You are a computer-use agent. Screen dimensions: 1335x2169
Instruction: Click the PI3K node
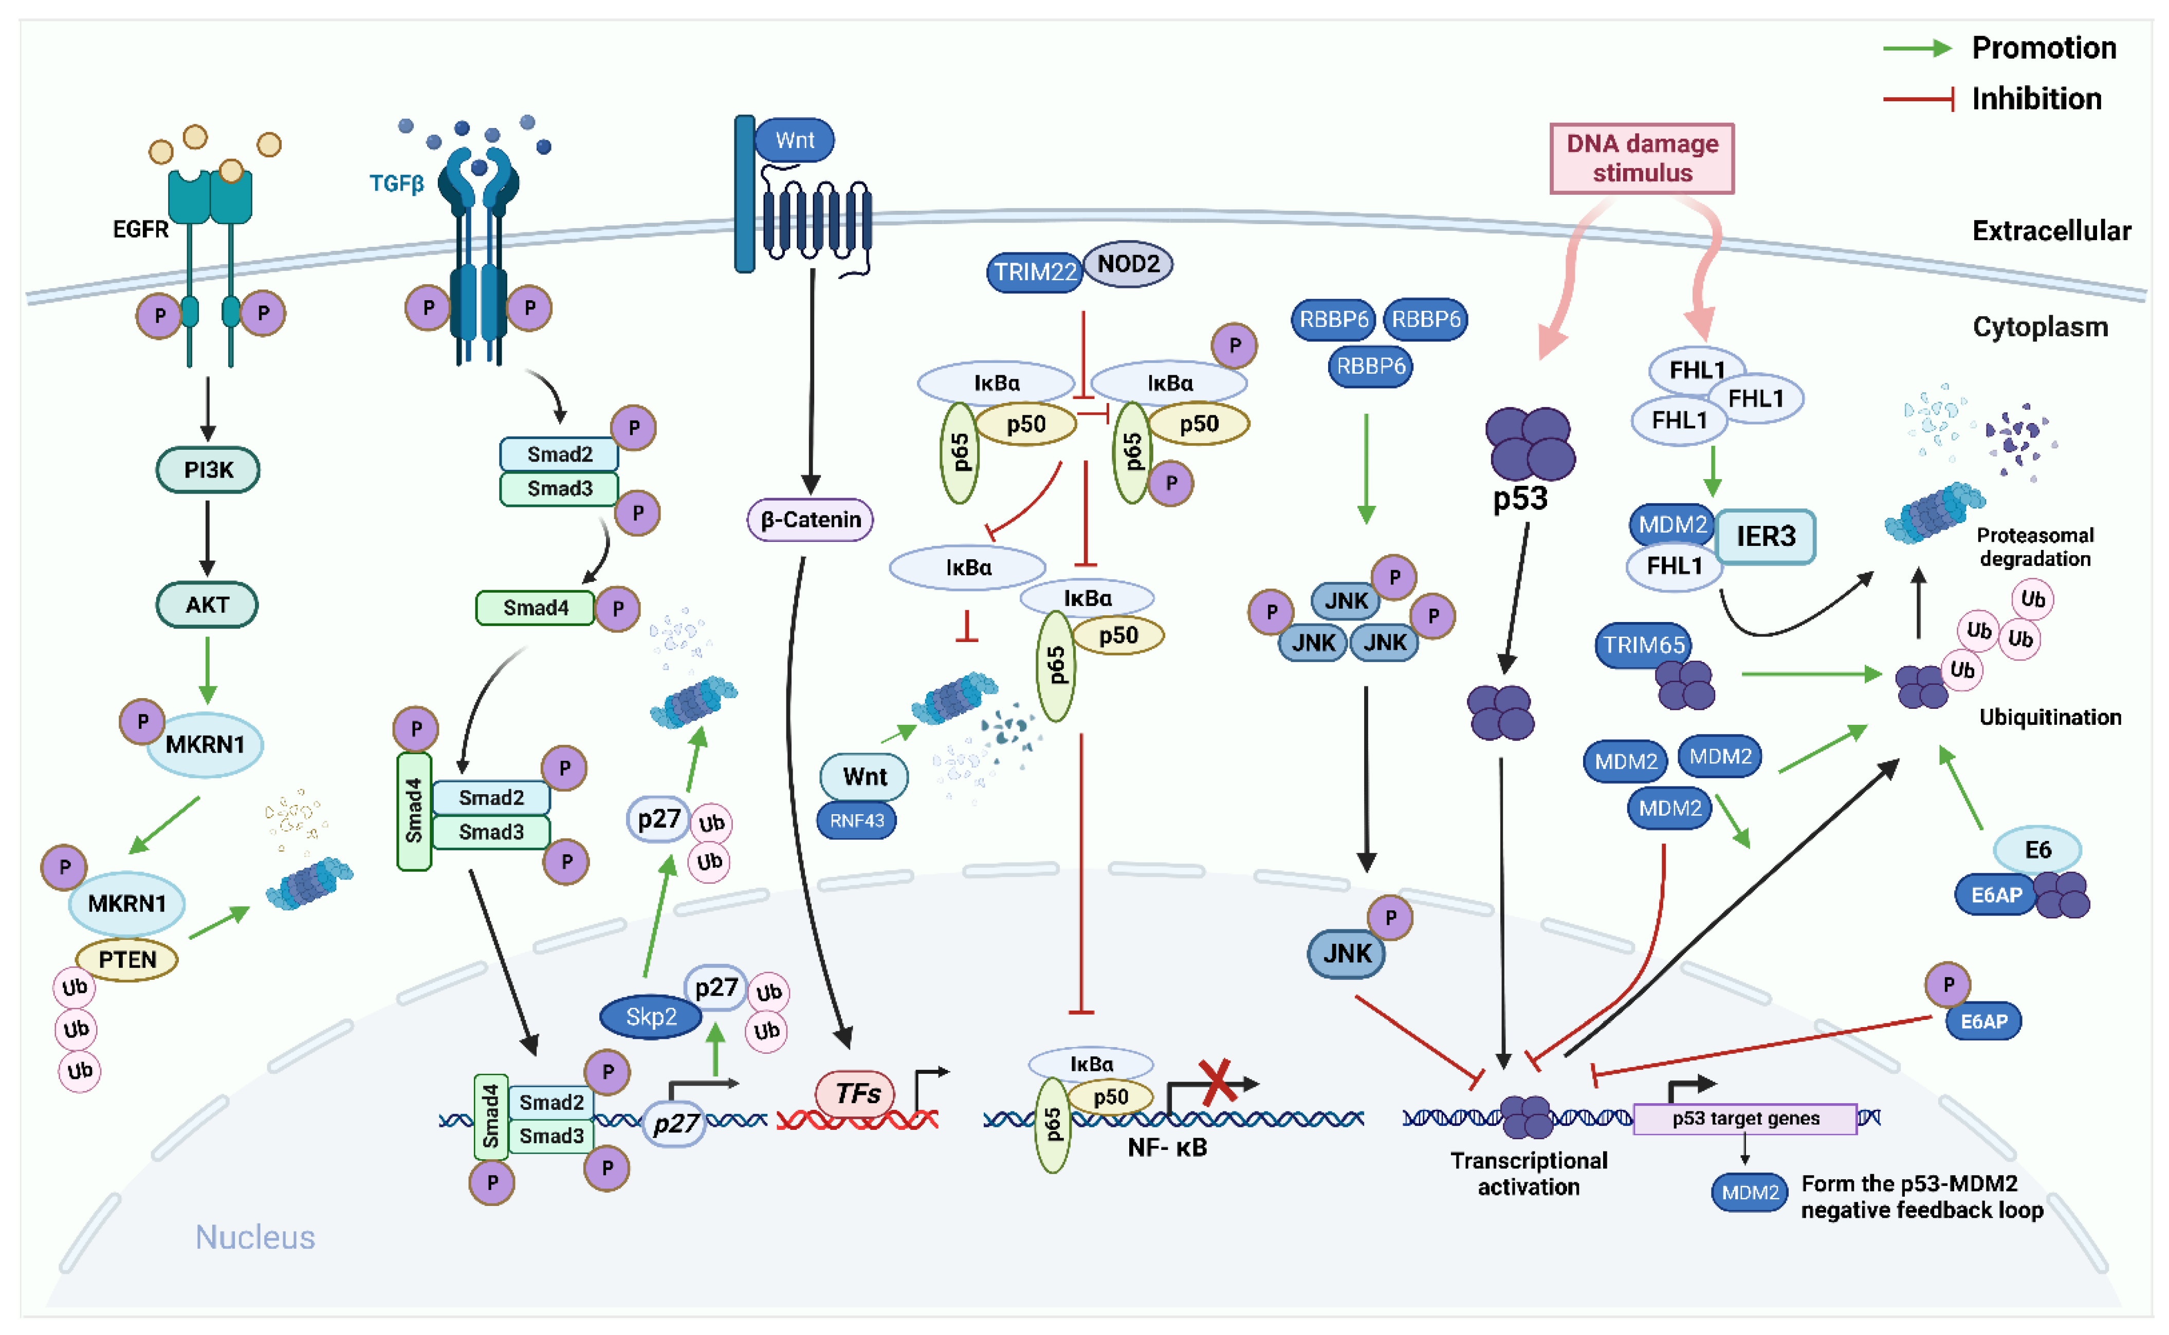click(208, 470)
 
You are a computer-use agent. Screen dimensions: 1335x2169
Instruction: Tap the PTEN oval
click(127, 960)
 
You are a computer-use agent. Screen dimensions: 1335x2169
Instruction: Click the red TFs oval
click(855, 1094)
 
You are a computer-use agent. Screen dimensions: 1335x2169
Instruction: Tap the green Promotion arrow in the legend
click(1916, 48)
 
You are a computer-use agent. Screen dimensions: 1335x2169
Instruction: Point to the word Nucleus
click(254, 1237)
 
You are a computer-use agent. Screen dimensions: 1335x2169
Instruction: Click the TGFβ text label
click(396, 184)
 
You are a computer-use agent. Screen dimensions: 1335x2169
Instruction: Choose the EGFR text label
click(140, 230)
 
